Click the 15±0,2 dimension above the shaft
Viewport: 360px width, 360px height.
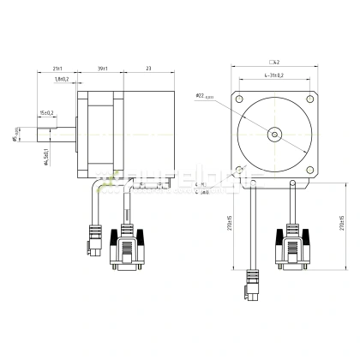(46, 112)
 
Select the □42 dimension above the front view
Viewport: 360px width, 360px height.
(276, 63)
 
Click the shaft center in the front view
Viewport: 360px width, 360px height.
(274, 135)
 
